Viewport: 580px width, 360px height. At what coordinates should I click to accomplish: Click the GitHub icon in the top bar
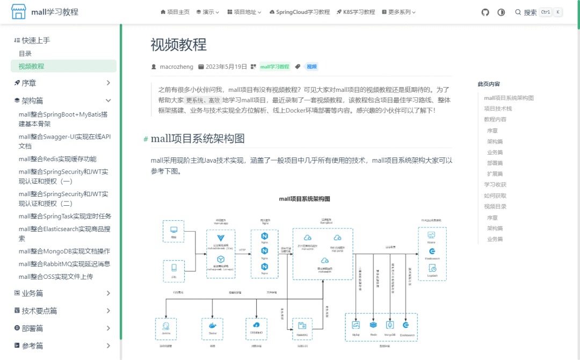[x=485, y=12]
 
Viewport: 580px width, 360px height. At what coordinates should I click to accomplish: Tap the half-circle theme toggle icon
[x=501, y=12]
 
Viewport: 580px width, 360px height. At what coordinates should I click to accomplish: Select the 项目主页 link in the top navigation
[x=175, y=12]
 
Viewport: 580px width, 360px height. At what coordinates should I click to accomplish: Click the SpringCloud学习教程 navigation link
[x=300, y=12]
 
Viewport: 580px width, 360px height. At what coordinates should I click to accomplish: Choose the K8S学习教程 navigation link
[x=356, y=12]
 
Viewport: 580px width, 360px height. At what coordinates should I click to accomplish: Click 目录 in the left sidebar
[x=25, y=54]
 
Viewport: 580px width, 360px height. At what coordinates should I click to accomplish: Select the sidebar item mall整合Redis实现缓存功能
[x=57, y=159]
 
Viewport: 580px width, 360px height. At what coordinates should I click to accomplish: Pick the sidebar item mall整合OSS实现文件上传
[x=56, y=277]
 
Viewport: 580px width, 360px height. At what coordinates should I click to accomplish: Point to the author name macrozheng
[x=177, y=67]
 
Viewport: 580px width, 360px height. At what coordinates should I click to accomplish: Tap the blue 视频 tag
[x=311, y=67]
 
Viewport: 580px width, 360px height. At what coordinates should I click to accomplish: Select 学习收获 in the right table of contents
[x=495, y=185]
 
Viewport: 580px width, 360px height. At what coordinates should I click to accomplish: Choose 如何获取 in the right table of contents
[x=495, y=196]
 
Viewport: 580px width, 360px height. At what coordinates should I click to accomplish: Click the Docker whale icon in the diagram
[x=212, y=325]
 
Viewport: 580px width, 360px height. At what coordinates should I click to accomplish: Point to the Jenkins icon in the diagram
[x=166, y=325]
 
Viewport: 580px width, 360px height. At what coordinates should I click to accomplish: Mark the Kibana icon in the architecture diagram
[x=432, y=235]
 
